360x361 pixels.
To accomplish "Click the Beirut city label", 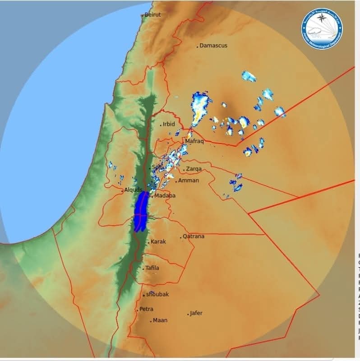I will coord(152,14).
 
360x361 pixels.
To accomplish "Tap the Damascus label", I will coord(213,46).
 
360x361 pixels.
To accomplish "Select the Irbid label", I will coord(169,124).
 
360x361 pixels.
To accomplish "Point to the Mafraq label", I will coord(194,141).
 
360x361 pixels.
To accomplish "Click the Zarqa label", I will coord(194,169).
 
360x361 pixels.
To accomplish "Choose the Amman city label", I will coord(189,180).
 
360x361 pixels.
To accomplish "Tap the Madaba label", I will coord(165,196).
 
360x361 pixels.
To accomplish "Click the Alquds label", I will coord(134,190).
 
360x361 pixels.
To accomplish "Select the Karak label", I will coord(158,242).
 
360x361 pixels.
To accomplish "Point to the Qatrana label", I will coord(194,236).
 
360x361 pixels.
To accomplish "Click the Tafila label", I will coord(152,268).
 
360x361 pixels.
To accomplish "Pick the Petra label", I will coord(146,309).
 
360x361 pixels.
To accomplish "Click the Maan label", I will coord(160,320).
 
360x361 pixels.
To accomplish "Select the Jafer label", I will coord(196,313).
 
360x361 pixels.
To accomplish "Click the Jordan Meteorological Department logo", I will coord(322,29).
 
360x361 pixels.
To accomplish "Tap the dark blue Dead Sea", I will coord(142,210).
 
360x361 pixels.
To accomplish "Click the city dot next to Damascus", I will coord(198,46).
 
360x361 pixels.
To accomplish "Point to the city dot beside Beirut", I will coord(143,15).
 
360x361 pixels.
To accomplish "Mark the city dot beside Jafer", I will coord(188,314).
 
